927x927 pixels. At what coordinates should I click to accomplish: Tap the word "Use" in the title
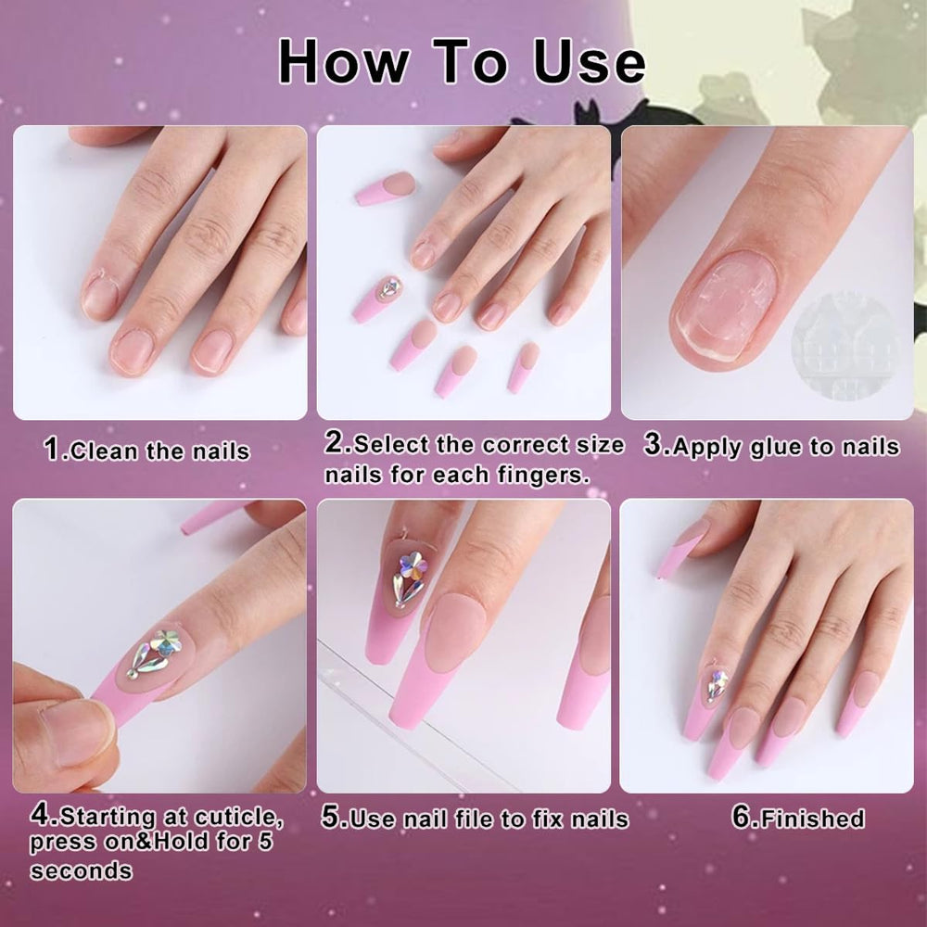click(589, 61)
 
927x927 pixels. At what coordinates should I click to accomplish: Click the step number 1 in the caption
click(52, 450)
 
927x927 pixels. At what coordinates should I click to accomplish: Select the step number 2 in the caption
click(334, 443)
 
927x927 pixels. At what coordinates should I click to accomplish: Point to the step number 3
click(654, 445)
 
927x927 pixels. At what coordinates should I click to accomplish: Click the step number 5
click(331, 818)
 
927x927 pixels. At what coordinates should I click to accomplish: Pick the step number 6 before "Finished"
click(742, 817)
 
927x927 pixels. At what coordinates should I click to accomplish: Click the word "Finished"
click(813, 819)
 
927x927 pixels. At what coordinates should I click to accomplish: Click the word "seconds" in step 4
click(82, 870)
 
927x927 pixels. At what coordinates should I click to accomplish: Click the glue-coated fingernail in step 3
click(726, 306)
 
